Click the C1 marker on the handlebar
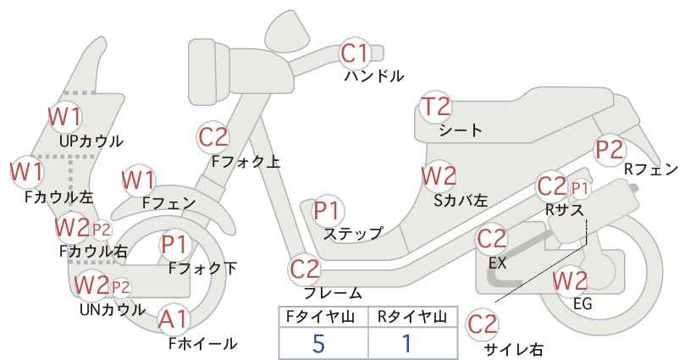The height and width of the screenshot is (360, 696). click(x=355, y=53)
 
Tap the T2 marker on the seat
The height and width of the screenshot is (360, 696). click(x=435, y=108)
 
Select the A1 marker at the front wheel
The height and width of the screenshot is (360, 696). click(x=174, y=319)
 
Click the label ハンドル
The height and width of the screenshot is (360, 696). click(x=374, y=76)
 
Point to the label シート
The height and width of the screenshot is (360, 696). click(x=461, y=130)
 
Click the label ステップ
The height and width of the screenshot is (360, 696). click(x=353, y=233)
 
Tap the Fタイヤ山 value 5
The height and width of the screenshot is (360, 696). click(x=318, y=344)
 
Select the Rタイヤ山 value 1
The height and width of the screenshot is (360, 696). click(x=406, y=344)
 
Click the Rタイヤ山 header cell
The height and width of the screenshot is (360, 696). click(x=412, y=317)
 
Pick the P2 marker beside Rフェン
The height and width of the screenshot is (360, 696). click(x=610, y=150)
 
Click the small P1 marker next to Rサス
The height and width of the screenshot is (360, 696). click(x=579, y=189)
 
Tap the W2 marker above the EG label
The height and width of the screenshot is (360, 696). click(x=570, y=281)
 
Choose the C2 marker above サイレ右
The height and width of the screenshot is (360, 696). click(x=482, y=324)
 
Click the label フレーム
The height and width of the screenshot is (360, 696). click(x=333, y=293)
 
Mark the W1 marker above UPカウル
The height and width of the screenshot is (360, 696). click(x=65, y=117)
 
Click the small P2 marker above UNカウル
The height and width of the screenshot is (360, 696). click(x=120, y=288)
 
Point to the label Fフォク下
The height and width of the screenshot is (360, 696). click(x=203, y=269)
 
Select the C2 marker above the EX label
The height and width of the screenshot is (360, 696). click(x=491, y=240)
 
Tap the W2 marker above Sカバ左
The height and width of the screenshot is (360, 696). click(x=439, y=176)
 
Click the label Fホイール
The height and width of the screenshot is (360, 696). click(x=203, y=343)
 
